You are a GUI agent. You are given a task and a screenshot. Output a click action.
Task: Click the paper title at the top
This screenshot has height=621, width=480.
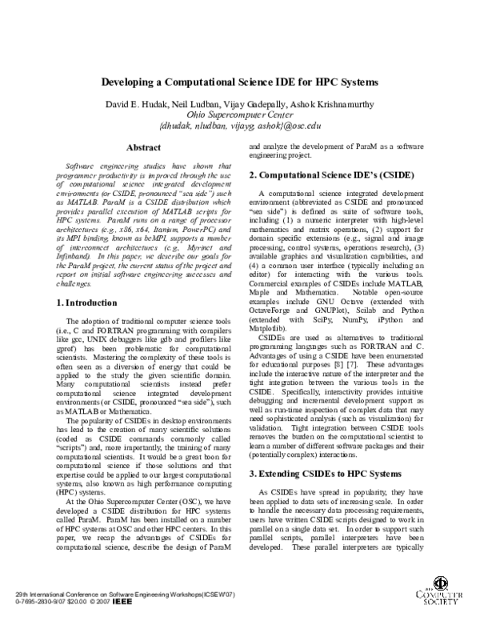(240, 83)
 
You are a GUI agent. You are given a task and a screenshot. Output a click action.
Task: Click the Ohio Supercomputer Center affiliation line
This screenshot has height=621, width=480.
(240, 114)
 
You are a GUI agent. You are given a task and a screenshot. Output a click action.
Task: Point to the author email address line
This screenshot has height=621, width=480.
(240, 126)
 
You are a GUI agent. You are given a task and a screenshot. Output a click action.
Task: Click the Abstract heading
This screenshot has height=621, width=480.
(144, 147)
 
